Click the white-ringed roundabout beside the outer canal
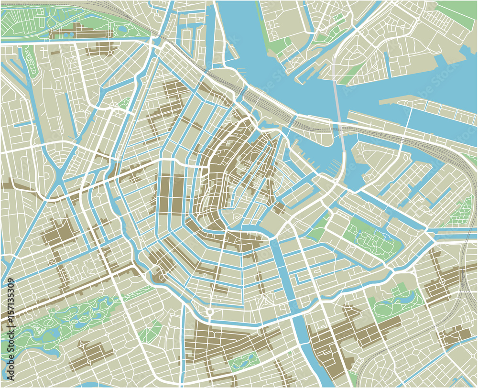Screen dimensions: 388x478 pos(209,312)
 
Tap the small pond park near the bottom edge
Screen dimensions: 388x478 pos(243,361)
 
